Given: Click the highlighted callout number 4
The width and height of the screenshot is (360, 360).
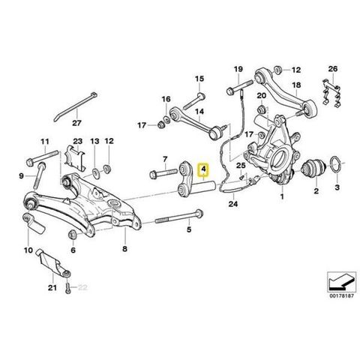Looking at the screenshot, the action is click(204, 169).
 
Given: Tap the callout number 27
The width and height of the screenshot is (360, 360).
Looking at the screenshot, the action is click(76, 123).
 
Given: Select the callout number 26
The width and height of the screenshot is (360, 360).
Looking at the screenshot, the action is click(333, 68).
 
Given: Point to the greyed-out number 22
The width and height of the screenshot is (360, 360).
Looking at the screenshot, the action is click(82, 287).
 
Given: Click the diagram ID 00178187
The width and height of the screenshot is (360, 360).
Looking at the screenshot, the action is click(342, 295).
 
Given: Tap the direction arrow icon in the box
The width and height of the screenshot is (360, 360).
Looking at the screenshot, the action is click(341, 281).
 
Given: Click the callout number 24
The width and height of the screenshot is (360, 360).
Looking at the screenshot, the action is click(233, 204).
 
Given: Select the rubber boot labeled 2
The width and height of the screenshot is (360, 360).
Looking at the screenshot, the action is click(313, 168).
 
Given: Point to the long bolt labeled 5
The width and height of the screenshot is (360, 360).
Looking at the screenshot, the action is click(179, 217).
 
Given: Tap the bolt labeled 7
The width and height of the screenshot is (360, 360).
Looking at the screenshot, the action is click(164, 173).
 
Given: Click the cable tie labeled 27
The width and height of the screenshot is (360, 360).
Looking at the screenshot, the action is click(76, 106).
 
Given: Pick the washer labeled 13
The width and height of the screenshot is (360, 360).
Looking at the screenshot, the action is click(96, 172).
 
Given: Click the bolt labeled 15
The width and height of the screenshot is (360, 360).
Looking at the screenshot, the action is click(194, 101).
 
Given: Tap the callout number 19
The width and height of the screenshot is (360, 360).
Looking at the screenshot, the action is click(238, 69).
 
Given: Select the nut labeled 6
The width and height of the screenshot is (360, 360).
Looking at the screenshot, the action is click(73, 235).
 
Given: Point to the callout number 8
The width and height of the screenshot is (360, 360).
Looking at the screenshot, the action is click(124, 248).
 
